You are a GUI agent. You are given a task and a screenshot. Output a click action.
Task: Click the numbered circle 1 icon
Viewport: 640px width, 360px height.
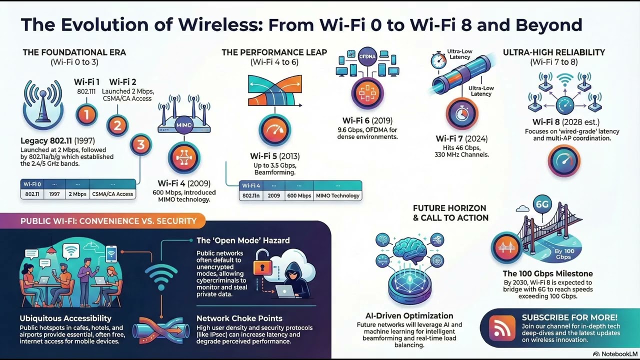click(86, 114)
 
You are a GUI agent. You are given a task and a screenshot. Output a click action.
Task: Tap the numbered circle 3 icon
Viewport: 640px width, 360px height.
click(140, 145)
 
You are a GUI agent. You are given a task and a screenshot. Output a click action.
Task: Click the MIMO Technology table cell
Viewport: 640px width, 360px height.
click(337, 195)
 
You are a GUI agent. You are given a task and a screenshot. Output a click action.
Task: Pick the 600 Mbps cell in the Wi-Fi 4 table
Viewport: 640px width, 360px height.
click(299, 195)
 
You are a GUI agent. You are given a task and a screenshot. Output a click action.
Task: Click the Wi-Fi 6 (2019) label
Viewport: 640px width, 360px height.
click(367, 120)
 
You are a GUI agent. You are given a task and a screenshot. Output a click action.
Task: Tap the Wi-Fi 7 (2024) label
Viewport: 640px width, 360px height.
click(461, 138)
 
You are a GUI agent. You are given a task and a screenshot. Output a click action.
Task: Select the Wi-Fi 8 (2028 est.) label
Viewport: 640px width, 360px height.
click(565, 122)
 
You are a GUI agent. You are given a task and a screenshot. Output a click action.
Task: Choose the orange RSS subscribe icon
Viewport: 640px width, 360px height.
click(501, 327)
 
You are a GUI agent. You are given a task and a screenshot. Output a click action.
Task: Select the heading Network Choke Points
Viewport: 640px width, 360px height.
click(239, 318)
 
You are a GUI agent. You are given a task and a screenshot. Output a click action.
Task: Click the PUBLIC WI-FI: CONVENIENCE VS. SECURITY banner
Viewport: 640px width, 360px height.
click(108, 220)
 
